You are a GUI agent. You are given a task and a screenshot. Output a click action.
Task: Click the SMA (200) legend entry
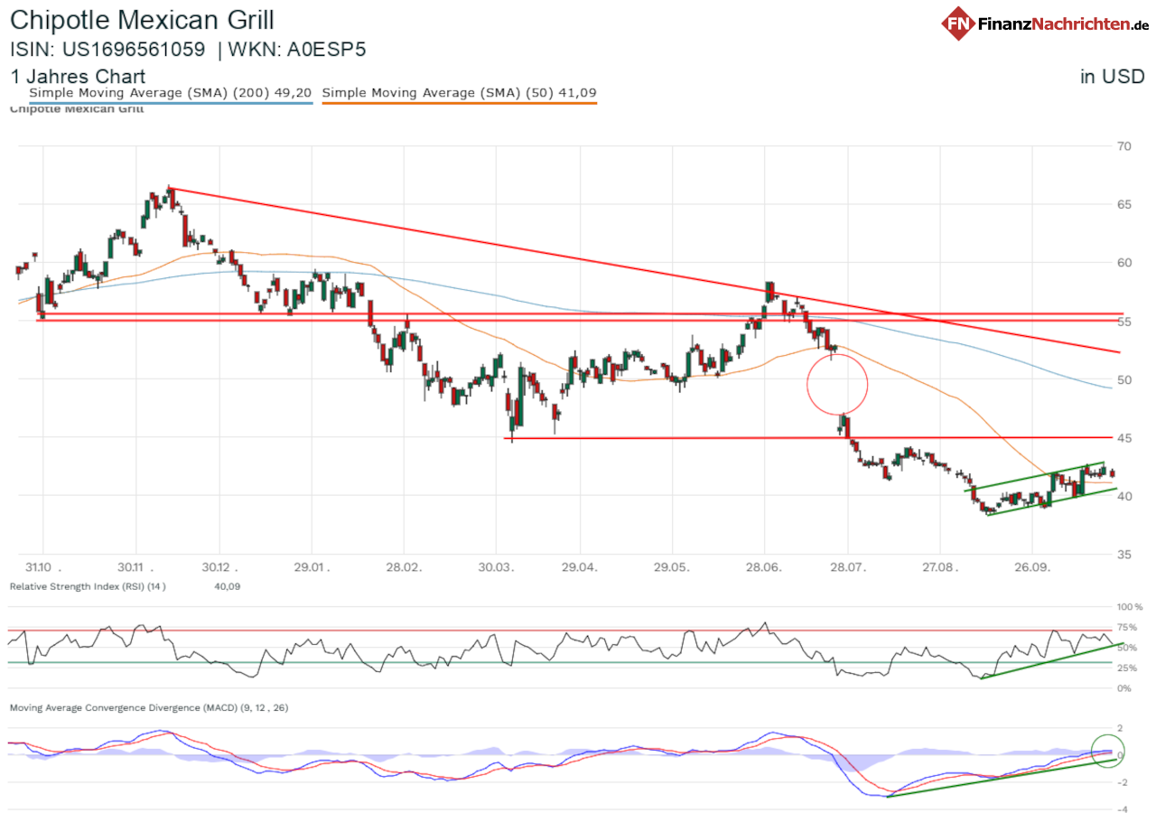171,92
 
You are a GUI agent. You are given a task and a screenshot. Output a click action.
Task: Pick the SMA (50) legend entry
459,92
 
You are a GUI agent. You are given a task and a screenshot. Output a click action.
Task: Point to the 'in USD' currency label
1113,77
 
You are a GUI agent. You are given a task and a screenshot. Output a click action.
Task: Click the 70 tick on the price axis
1124,146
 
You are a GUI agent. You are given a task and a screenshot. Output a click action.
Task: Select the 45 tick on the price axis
1124,438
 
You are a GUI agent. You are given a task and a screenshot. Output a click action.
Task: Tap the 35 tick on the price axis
1124,555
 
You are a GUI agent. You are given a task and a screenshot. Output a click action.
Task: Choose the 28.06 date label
766,568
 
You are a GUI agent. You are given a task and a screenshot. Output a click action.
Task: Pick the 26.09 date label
1034,568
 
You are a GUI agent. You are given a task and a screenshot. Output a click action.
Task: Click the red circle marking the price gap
837,384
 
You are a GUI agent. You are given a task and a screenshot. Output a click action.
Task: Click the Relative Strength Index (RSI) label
87,587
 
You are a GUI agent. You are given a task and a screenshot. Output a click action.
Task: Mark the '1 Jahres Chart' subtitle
78,77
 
